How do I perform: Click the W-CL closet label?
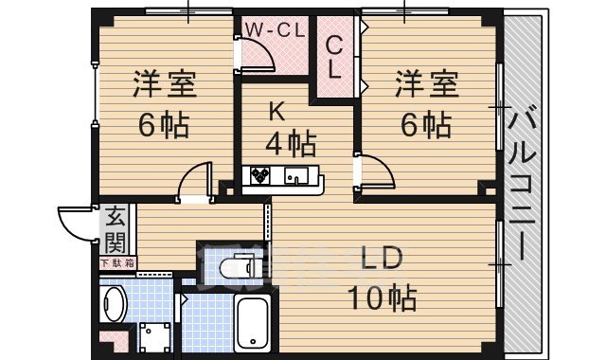click(x=275, y=29)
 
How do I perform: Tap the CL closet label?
click(x=335, y=57)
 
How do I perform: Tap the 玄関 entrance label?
click(x=115, y=228)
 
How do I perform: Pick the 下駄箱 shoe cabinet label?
click(x=117, y=262)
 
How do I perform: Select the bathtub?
click(x=253, y=322)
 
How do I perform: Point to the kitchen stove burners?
click(x=258, y=175)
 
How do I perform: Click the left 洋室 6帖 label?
click(x=163, y=104)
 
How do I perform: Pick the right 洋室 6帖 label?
click(x=426, y=104)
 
